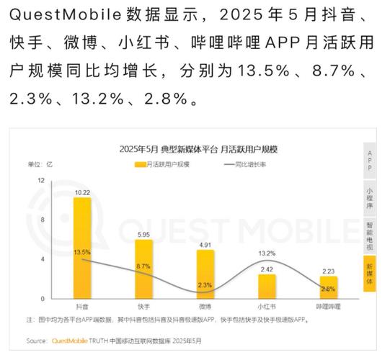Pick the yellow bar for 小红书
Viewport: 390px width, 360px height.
[267, 286]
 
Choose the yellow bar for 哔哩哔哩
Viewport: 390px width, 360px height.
[328, 287]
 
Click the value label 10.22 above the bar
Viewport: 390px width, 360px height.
[81, 192]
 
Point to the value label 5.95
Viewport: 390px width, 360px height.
[143, 235]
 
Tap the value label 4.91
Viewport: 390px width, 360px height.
[205, 245]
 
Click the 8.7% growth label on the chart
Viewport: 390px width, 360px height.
[143, 266]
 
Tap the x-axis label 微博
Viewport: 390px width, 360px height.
[205, 306]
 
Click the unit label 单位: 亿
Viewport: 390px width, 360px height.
[40, 165]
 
